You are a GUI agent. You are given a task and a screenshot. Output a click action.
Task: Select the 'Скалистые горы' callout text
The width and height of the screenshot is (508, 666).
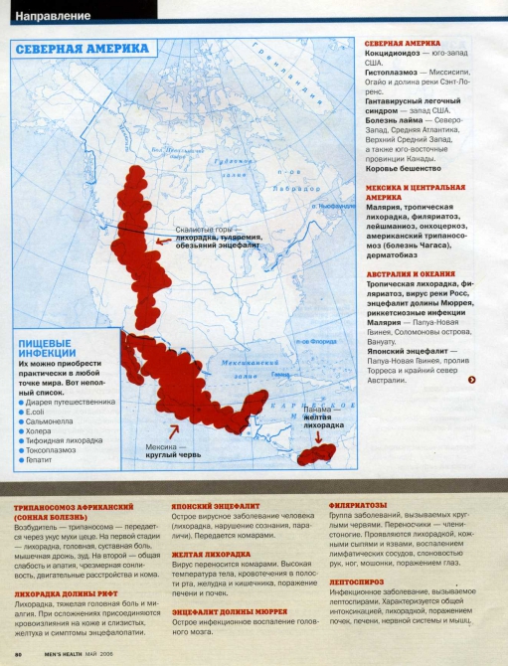tap(203, 228)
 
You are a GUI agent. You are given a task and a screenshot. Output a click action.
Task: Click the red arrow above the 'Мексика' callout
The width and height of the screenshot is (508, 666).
tap(176, 430)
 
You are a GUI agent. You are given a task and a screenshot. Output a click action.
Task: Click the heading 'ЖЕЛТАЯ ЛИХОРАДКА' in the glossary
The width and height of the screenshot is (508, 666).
tap(210, 554)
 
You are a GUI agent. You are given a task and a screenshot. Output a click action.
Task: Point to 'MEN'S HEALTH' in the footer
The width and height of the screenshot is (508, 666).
tap(67, 653)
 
